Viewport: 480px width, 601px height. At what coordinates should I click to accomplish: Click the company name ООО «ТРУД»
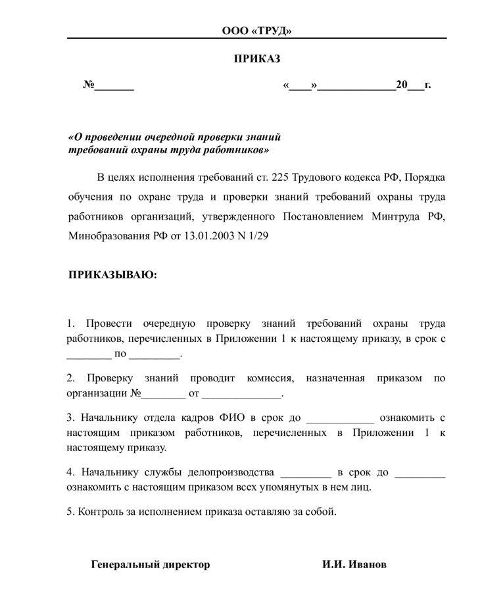pyautogui.click(x=256, y=31)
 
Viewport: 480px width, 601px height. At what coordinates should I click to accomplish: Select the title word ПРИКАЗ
pyautogui.click(x=257, y=59)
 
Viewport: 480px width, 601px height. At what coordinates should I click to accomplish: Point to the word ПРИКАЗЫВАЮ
pyautogui.click(x=113, y=275)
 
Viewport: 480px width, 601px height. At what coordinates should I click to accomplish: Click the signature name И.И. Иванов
pyautogui.click(x=354, y=565)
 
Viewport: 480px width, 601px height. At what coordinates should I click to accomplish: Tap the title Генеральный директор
pyautogui.click(x=151, y=565)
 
